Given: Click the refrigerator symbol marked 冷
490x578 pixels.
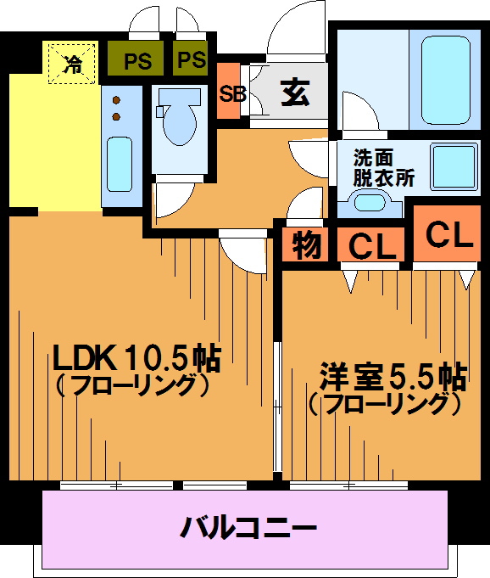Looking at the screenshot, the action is click(x=72, y=64).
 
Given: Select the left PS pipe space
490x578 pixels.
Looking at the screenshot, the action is click(x=136, y=59).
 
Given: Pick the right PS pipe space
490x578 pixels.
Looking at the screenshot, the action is click(x=191, y=58).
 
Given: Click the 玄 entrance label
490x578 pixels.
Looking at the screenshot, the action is click(x=295, y=93).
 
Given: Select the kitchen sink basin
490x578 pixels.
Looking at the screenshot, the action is click(x=120, y=164).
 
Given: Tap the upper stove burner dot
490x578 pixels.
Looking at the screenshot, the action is click(x=116, y=100).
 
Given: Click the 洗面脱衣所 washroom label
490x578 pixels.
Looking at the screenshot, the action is click(x=383, y=168).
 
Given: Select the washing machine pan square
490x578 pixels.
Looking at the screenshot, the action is click(x=454, y=166).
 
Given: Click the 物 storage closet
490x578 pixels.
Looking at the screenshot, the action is click(x=305, y=244).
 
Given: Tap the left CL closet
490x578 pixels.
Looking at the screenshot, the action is click(x=371, y=244).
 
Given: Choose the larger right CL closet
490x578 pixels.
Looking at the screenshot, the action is click(x=448, y=233).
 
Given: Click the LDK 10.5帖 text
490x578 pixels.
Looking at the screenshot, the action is click(x=137, y=357).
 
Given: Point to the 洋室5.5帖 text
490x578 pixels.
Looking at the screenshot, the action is click(x=393, y=377).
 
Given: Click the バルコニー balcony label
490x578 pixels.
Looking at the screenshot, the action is click(x=248, y=527).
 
